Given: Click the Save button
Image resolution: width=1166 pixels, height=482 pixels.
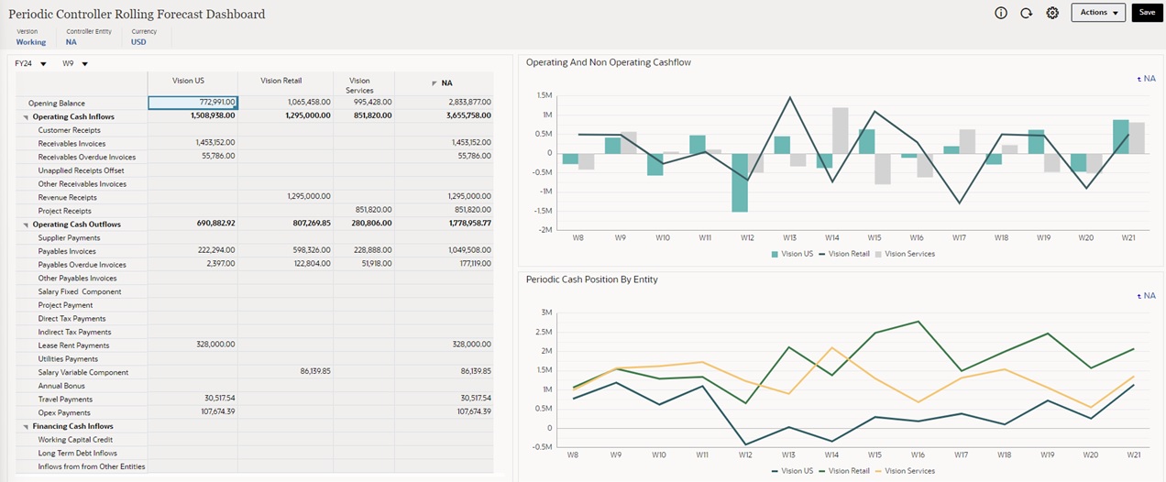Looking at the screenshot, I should coord(1147,13).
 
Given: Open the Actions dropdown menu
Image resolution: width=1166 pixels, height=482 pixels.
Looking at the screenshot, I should coord(1097,13).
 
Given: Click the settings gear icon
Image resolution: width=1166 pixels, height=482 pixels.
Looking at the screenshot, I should coord(1052,13).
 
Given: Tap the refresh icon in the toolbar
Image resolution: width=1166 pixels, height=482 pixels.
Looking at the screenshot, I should coord(1027,13).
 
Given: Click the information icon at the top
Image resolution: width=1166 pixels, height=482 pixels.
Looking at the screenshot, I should coord(1001,13).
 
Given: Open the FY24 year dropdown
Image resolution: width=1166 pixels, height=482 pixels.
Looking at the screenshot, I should coord(30,64).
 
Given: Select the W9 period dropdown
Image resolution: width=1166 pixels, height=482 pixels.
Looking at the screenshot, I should coord(74,64).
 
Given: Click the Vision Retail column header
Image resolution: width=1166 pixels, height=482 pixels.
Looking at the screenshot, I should coord(280,81).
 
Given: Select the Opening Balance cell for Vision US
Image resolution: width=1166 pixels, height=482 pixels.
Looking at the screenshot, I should coord(192,103).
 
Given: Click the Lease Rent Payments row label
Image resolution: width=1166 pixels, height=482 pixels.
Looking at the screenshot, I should coord(73,345).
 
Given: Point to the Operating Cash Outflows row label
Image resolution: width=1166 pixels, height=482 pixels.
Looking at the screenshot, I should coord(76,225).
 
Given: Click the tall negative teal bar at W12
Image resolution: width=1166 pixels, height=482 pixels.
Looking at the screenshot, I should coord(739,182).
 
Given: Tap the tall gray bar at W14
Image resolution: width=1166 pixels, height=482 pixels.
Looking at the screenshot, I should coord(840,130).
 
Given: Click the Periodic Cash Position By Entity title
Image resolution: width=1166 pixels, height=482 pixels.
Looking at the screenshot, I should coord(591,279).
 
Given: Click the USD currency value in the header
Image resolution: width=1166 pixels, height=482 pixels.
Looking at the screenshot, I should coord(138,42).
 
